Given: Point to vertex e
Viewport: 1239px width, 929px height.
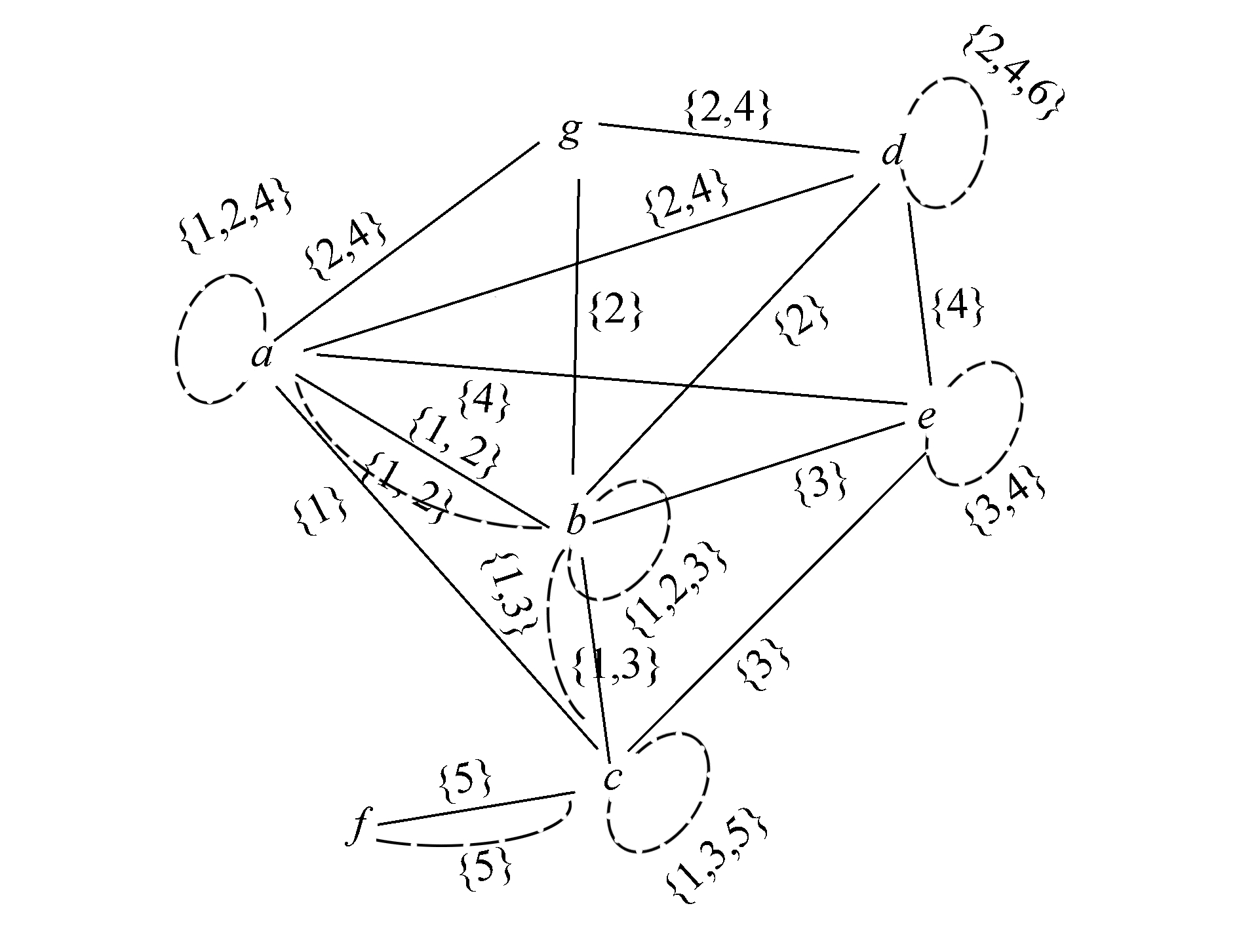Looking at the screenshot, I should (x=926, y=417).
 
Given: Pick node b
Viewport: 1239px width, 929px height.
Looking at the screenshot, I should (x=576, y=522).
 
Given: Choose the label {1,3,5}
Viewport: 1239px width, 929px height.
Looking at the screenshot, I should (x=716, y=859).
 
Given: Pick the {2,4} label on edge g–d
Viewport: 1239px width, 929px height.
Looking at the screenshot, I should (x=726, y=110).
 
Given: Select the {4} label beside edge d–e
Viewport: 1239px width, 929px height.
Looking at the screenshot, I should (x=958, y=307).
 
